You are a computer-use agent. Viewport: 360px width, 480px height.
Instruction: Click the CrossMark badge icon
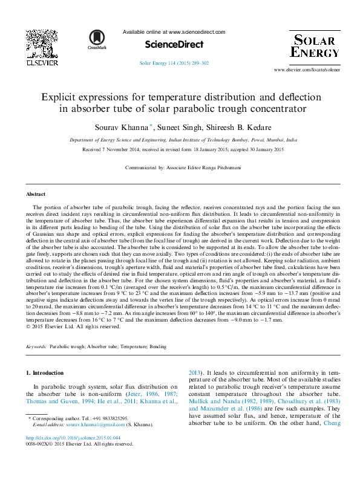tap(96, 41)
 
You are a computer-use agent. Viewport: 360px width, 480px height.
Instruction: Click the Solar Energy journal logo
tap(315, 46)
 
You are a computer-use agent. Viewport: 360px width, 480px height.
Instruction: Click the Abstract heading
tap(35, 194)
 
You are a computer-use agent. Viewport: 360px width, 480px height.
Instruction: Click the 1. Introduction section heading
tap(47, 374)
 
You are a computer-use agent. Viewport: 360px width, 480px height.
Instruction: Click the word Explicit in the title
tap(59, 97)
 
